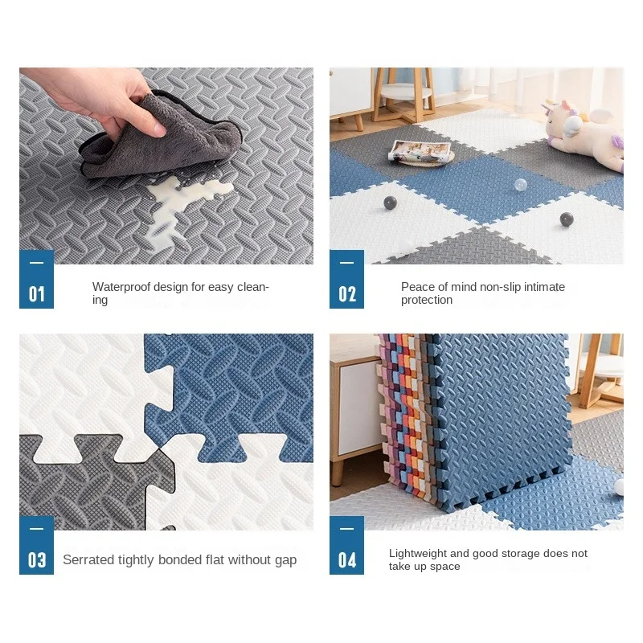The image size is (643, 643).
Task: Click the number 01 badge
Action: pyautogui.click(x=36, y=279)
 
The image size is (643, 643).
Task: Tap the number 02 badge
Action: pyautogui.click(x=346, y=279)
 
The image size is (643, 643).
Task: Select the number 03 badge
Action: pyautogui.click(x=36, y=545)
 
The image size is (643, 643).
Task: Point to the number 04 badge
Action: pyautogui.click(x=346, y=545)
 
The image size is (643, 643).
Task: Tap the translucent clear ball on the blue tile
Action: pyautogui.click(x=520, y=185)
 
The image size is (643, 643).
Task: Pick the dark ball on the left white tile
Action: pyautogui.click(x=390, y=203)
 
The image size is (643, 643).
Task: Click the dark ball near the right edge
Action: pyautogui.click(x=567, y=219)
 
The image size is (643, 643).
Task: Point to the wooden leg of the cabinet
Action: pyautogui.click(x=337, y=472)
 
